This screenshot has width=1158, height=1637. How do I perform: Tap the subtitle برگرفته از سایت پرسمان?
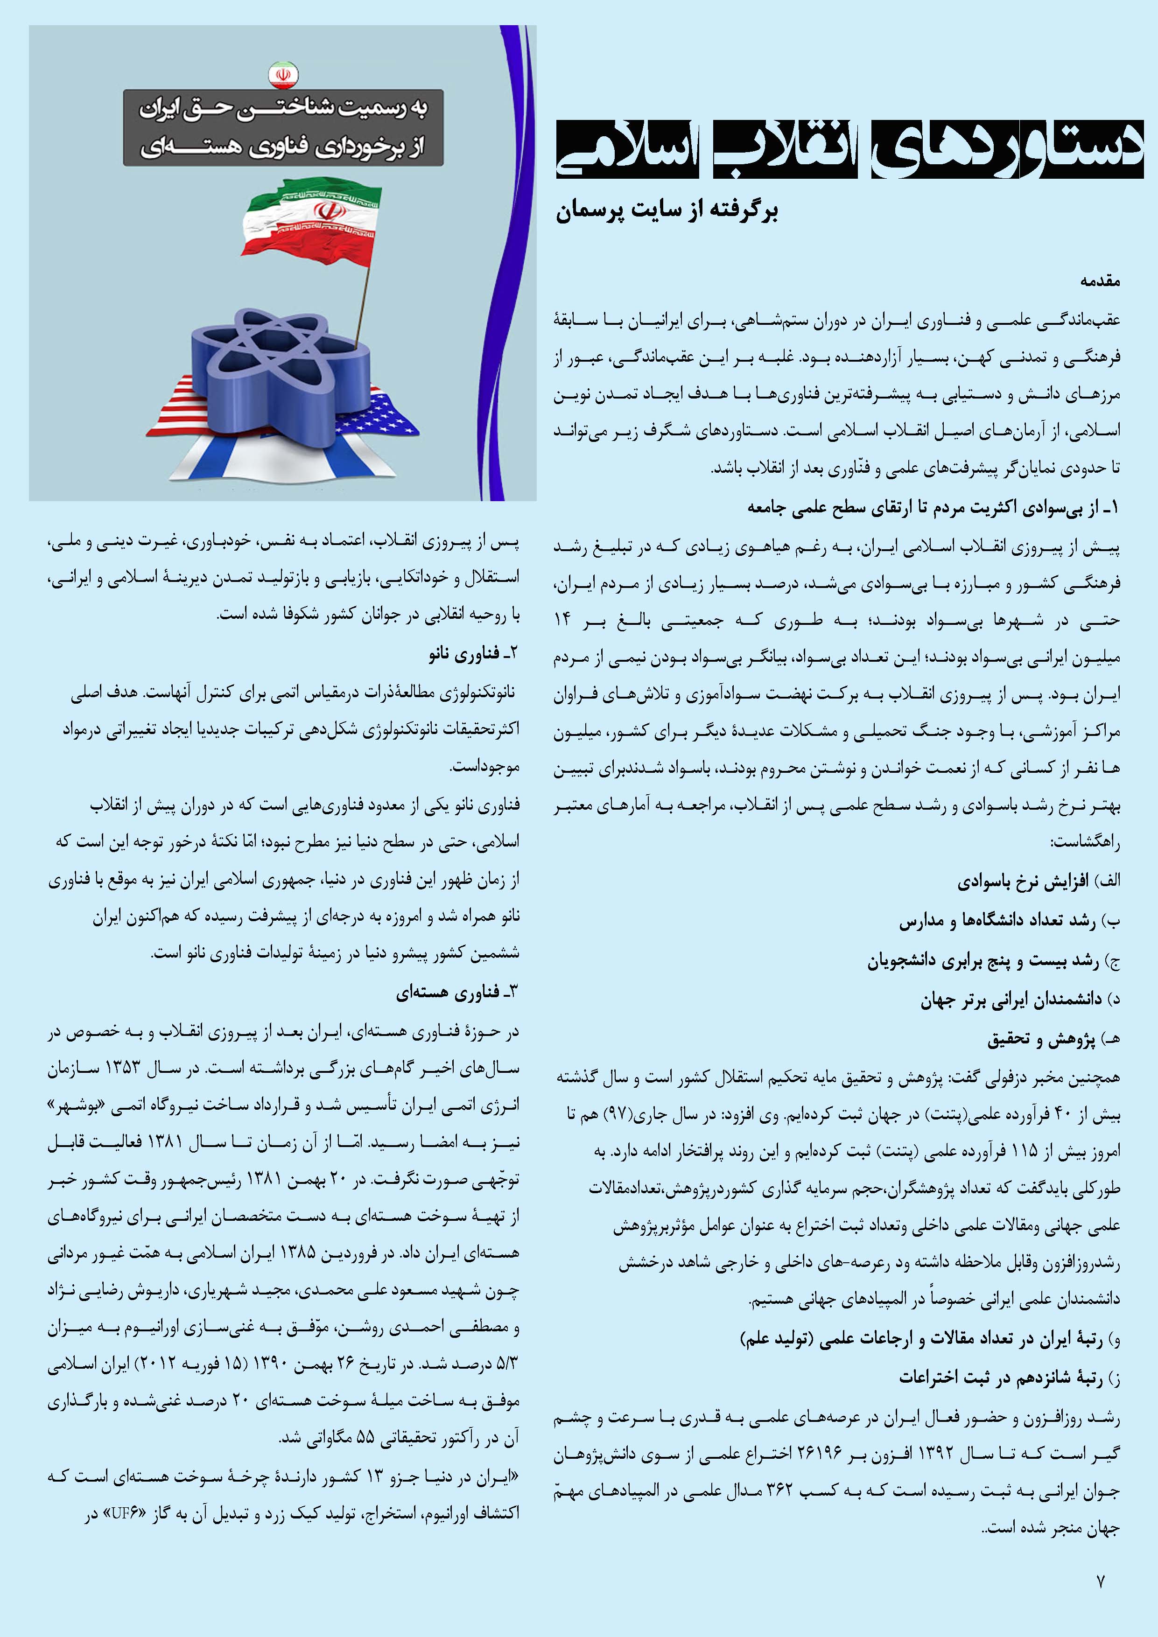[x=667, y=212]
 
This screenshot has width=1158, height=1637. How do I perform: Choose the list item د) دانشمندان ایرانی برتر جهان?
[x=1020, y=1000]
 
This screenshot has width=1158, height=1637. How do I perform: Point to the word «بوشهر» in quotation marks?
[x=492, y=1105]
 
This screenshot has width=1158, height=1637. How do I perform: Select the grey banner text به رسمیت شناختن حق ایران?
[x=283, y=111]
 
